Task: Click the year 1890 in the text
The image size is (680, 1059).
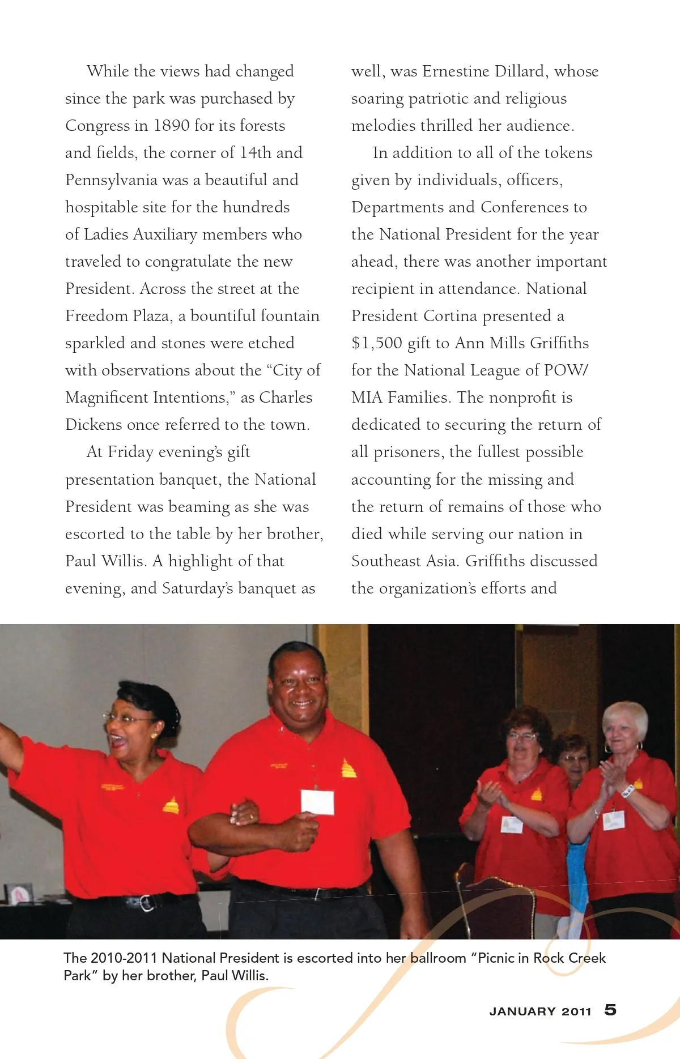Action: click(x=171, y=126)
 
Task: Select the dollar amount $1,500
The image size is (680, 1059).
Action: click(x=377, y=343)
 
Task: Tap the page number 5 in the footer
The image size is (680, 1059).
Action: click(x=610, y=1010)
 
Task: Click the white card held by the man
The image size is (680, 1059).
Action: click(x=317, y=801)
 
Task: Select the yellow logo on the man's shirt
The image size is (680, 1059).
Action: click(x=348, y=768)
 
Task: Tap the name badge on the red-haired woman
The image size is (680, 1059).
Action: click(x=512, y=824)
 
